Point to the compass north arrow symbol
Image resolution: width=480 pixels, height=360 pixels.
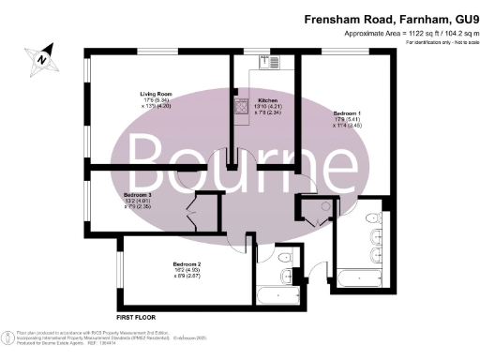click(41, 59)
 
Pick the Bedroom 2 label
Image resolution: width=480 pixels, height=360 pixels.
click(187, 264)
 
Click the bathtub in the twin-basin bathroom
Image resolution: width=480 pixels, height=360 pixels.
click(356, 277)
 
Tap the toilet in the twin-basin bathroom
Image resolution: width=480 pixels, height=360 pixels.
click(373, 254)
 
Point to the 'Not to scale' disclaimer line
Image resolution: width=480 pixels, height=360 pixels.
click(438, 42)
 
